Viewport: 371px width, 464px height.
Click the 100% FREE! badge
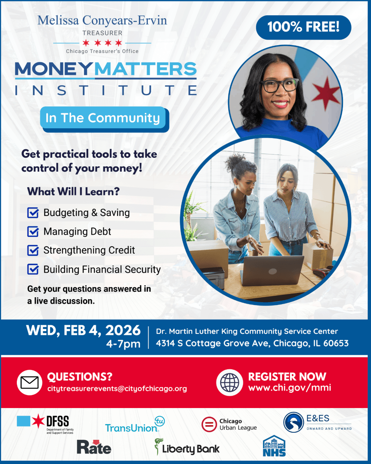point(303,27)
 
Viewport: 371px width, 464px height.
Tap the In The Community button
point(103,118)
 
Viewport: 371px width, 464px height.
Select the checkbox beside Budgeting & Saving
point(33,213)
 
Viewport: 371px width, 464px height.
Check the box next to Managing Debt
point(33,232)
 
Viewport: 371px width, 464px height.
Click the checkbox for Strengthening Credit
point(33,250)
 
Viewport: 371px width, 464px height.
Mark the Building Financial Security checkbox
point(33,269)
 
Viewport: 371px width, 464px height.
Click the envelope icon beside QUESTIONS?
point(29,383)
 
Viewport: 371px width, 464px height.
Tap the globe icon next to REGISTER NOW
point(230,383)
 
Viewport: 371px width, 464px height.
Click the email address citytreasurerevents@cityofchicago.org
point(117,389)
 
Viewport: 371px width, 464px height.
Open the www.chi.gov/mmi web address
point(290,388)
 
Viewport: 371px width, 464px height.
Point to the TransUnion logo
point(135,424)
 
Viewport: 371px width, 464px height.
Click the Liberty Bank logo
point(187,447)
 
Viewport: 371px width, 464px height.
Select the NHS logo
point(274,446)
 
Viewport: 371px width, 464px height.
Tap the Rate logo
point(94,447)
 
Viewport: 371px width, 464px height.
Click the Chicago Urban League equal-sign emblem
point(209,424)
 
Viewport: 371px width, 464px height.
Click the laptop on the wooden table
point(272,271)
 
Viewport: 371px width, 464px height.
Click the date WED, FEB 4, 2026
point(83,330)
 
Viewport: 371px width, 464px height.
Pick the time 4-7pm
point(123,344)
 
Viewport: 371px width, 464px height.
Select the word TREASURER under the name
point(102,33)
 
